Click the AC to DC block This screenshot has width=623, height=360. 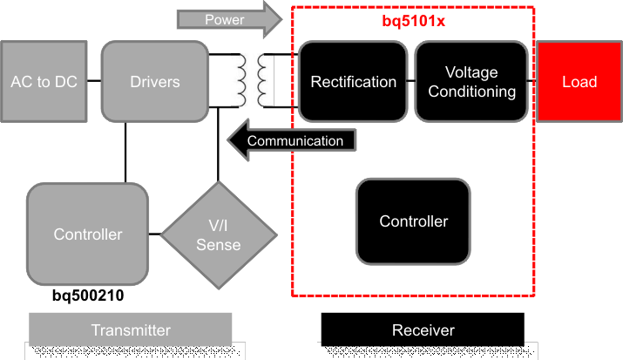click(x=44, y=81)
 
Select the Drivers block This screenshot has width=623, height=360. click(x=154, y=81)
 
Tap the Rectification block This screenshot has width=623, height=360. click(x=353, y=81)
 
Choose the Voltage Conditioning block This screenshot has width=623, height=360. click(x=471, y=81)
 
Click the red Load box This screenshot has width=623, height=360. click(x=579, y=81)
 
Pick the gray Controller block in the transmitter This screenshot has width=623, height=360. click(x=87, y=234)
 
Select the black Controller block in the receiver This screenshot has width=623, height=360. click(x=413, y=221)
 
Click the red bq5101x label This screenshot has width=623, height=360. click(x=414, y=20)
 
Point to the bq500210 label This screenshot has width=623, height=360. click(x=87, y=296)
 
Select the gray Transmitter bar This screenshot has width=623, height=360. click(x=131, y=330)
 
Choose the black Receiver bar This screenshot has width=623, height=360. click(x=423, y=330)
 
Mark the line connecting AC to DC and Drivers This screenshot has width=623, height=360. click(x=94, y=81)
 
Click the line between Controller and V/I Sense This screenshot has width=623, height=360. click(x=154, y=234)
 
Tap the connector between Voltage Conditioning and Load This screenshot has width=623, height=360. click(x=532, y=81)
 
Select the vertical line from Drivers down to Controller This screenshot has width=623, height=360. click(x=126, y=152)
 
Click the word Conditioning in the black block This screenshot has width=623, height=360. click(x=471, y=91)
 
